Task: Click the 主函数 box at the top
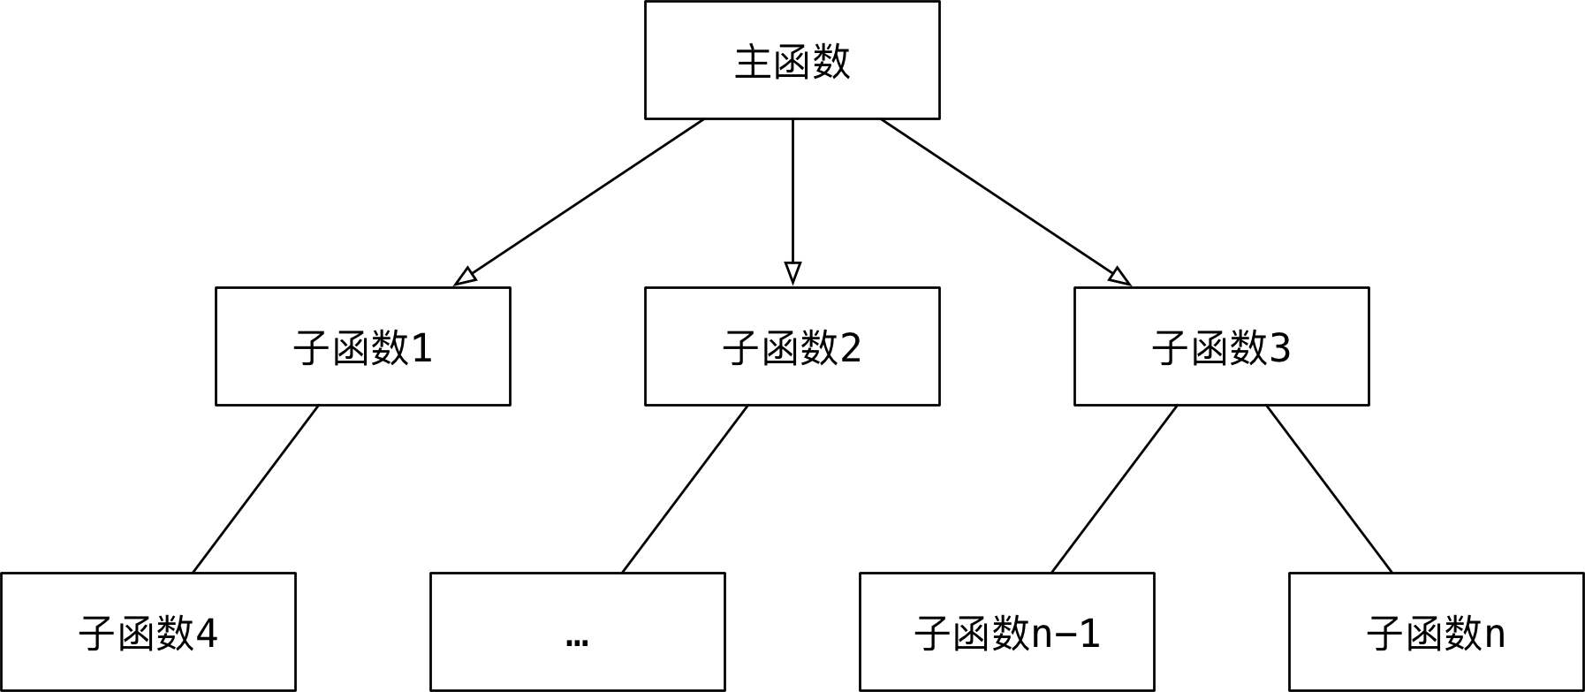pyautogui.click(x=792, y=60)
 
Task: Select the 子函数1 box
pyautogui.click(x=362, y=346)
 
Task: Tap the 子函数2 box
pyautogui.click(x=792, y=346)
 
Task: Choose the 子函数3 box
pyautogui.click(x=1221, y=346)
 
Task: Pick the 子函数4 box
pyautogui.click(x=148, y=632)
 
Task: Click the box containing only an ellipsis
pyautogui.click(x=577, y=632)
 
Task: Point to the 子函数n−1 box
pyautogui.click(x=1006, y=632)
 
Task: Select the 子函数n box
pyautogui.click(x=1436, y=632)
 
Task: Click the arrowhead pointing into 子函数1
pyautogui.click(x=466, y=277)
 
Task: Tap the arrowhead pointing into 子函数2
pyautogui.click(x=792, y=272)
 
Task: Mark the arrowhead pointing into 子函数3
pyautogui.click(x=1119, y=277)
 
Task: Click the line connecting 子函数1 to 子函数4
pyautogui.click(x=255, y=489)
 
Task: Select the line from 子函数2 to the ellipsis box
pyautogui.click(x=685, y=489)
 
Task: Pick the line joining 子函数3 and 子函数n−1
pyautogui.click(x=1114, y=489)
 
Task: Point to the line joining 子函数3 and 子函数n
pyautogui.click(x=1329, y=489)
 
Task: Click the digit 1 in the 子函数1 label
pyautogui.click(x=421, y=348)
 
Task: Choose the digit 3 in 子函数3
pyautogui.click(x=1280, y=348)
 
